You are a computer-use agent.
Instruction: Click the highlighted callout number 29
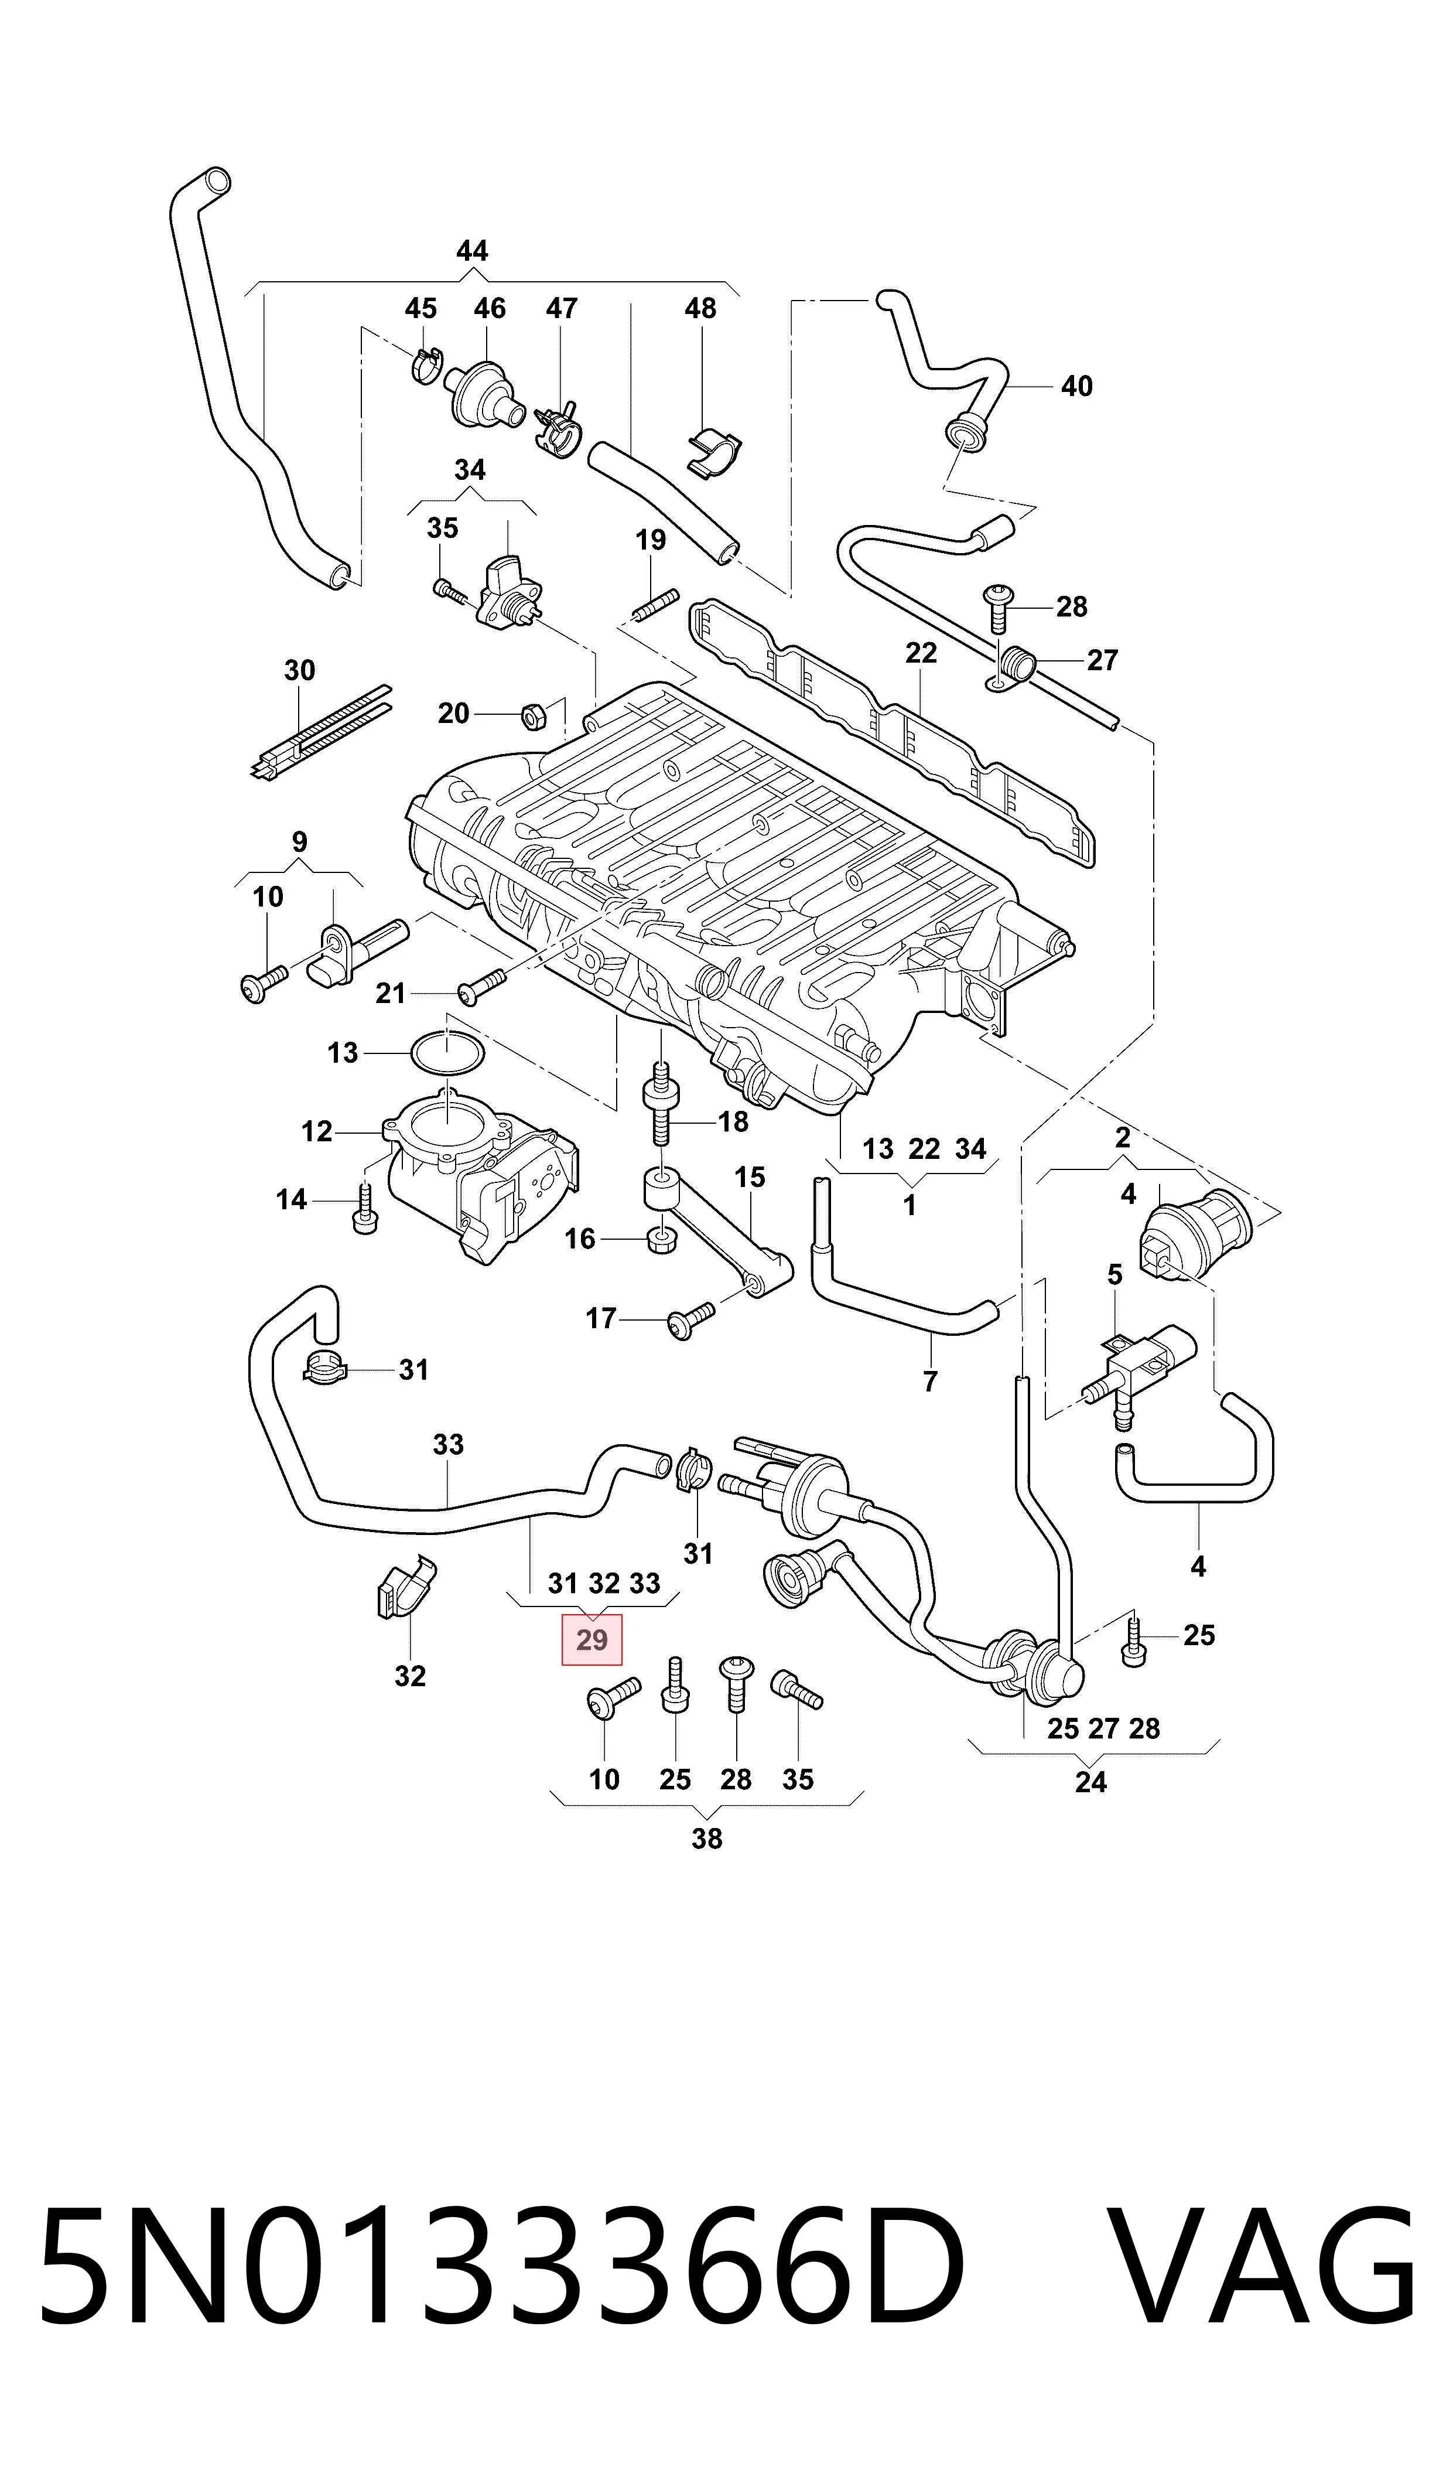pos(592,1640)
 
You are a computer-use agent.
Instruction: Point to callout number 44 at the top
pos(472,252)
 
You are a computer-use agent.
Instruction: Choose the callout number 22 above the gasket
pos(921,653)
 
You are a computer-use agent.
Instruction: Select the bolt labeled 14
pos(363,1209)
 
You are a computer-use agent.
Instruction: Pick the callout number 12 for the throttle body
pos(316,1132)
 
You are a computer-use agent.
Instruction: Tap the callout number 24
pos(1090,1782)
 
